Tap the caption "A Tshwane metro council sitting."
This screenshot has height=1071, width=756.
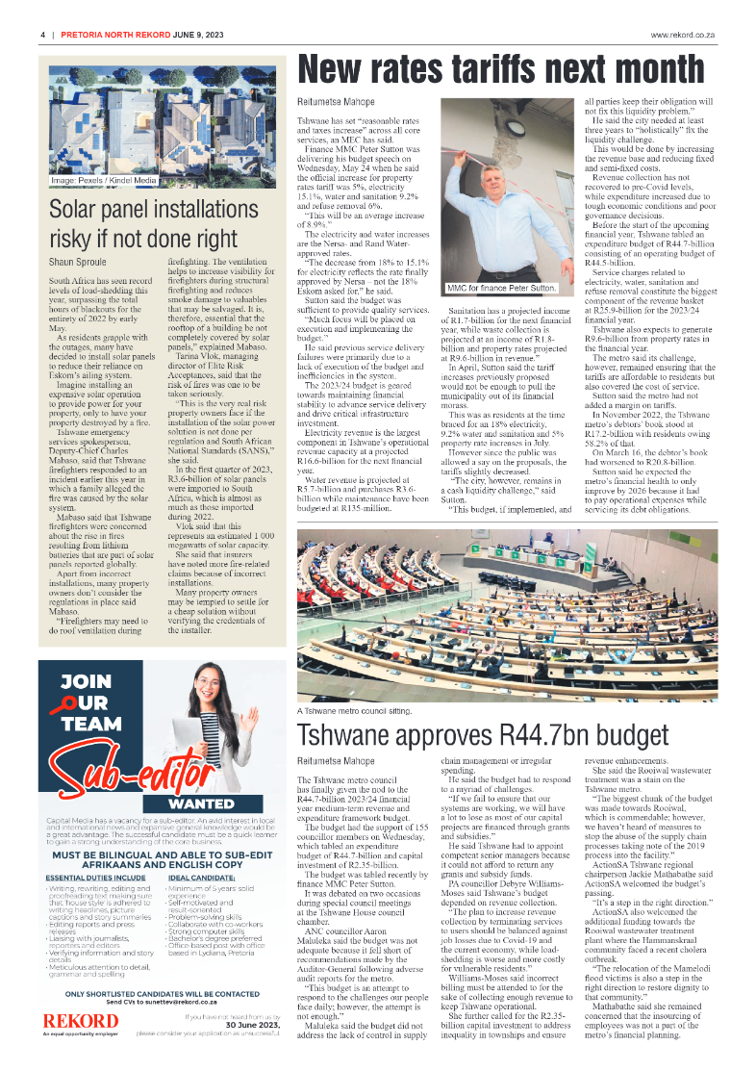click(x=354, y=711)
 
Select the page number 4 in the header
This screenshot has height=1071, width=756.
click(x=43, y=35)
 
